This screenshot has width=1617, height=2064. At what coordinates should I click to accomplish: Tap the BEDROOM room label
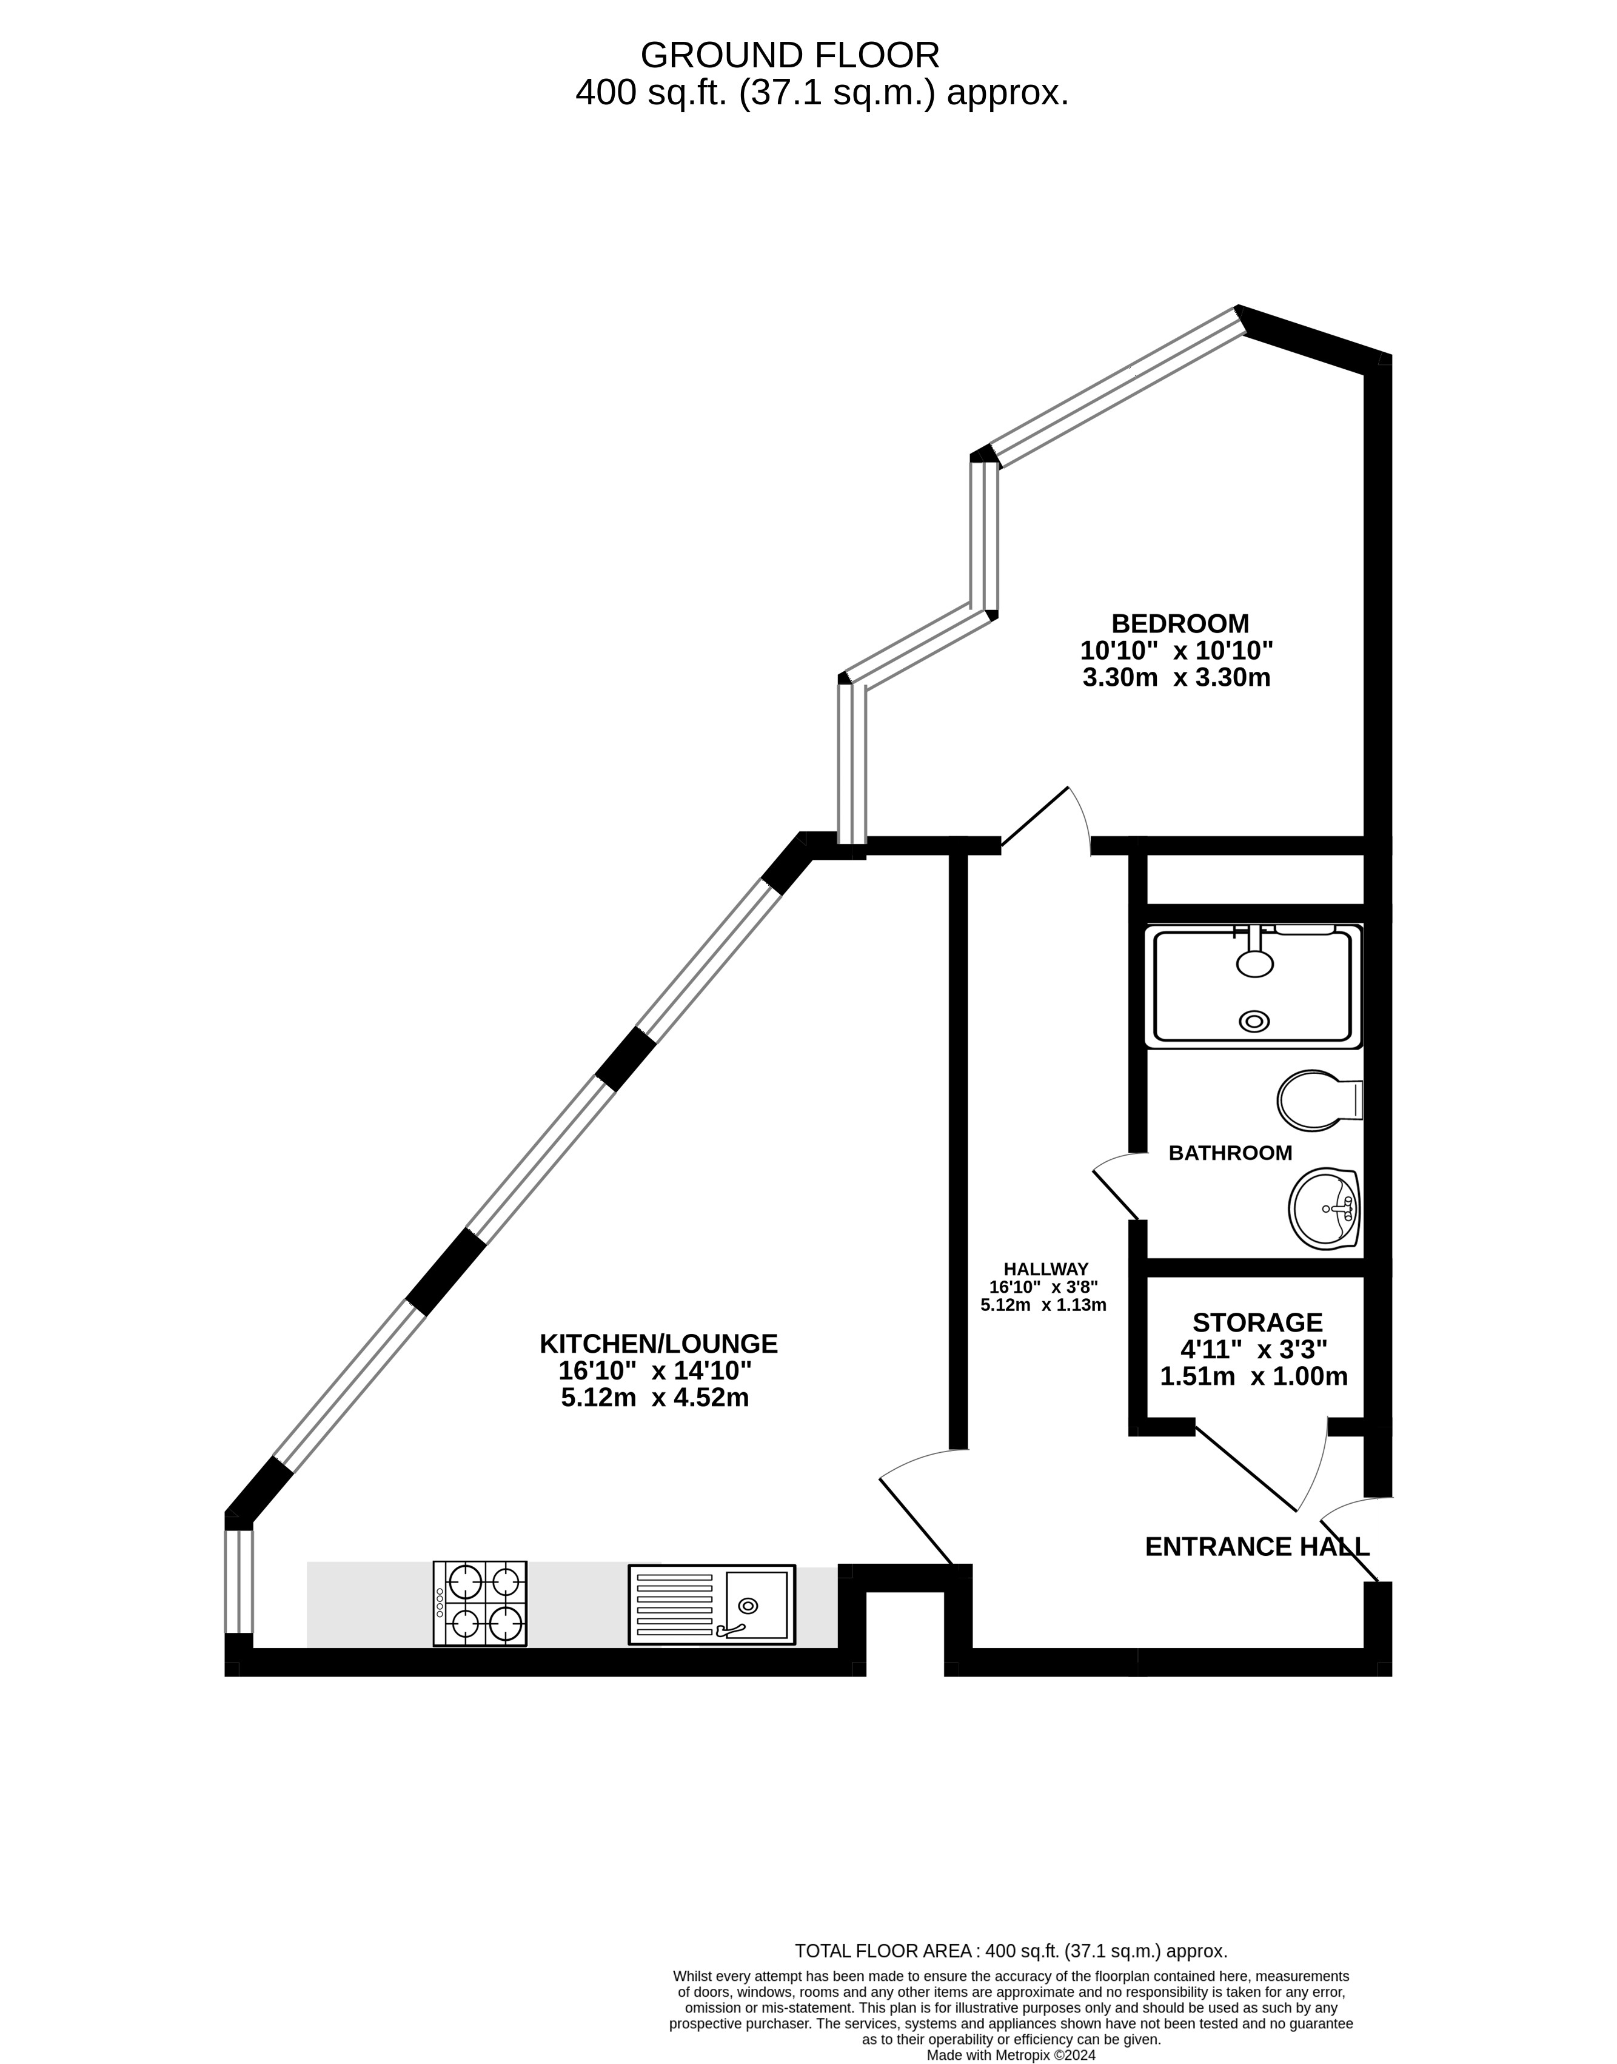point(1180,624)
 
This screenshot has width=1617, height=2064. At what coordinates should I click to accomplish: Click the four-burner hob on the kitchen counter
point(480,1603)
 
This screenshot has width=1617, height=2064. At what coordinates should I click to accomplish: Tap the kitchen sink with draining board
point(711,1604)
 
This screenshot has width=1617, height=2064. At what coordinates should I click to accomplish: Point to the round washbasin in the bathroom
point(1324,1209)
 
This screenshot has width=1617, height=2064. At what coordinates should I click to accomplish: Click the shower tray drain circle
point(1254,1020)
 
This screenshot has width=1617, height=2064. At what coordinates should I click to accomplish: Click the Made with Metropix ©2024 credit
point(1010,2056)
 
